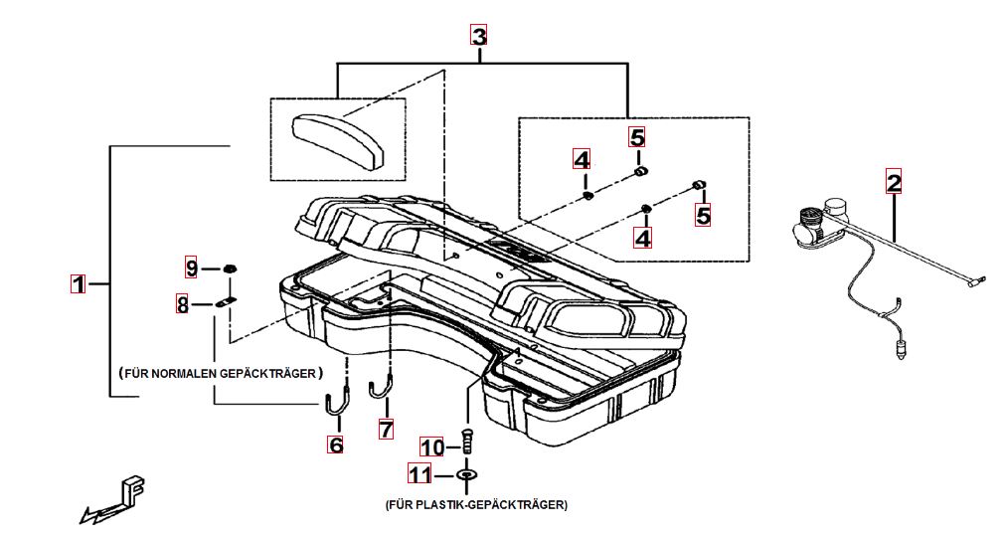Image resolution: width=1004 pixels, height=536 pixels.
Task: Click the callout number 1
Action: pos(77,283)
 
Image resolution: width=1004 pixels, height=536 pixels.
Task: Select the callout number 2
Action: pos(894,182)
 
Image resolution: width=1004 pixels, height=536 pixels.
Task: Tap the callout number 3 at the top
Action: pos(479,37)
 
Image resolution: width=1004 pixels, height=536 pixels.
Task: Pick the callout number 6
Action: pos(336,446)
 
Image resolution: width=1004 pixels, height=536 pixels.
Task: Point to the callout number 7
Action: pos(386,429)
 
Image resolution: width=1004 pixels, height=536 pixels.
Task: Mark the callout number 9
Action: pos(192,268)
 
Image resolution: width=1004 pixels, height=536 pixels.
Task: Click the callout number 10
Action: pos(431,447)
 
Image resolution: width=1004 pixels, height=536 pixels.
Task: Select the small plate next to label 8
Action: pos(227,302)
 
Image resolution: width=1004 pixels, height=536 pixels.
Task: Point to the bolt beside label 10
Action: pos(467,441)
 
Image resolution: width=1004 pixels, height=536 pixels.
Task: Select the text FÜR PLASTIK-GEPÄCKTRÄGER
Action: pos(476,505)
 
